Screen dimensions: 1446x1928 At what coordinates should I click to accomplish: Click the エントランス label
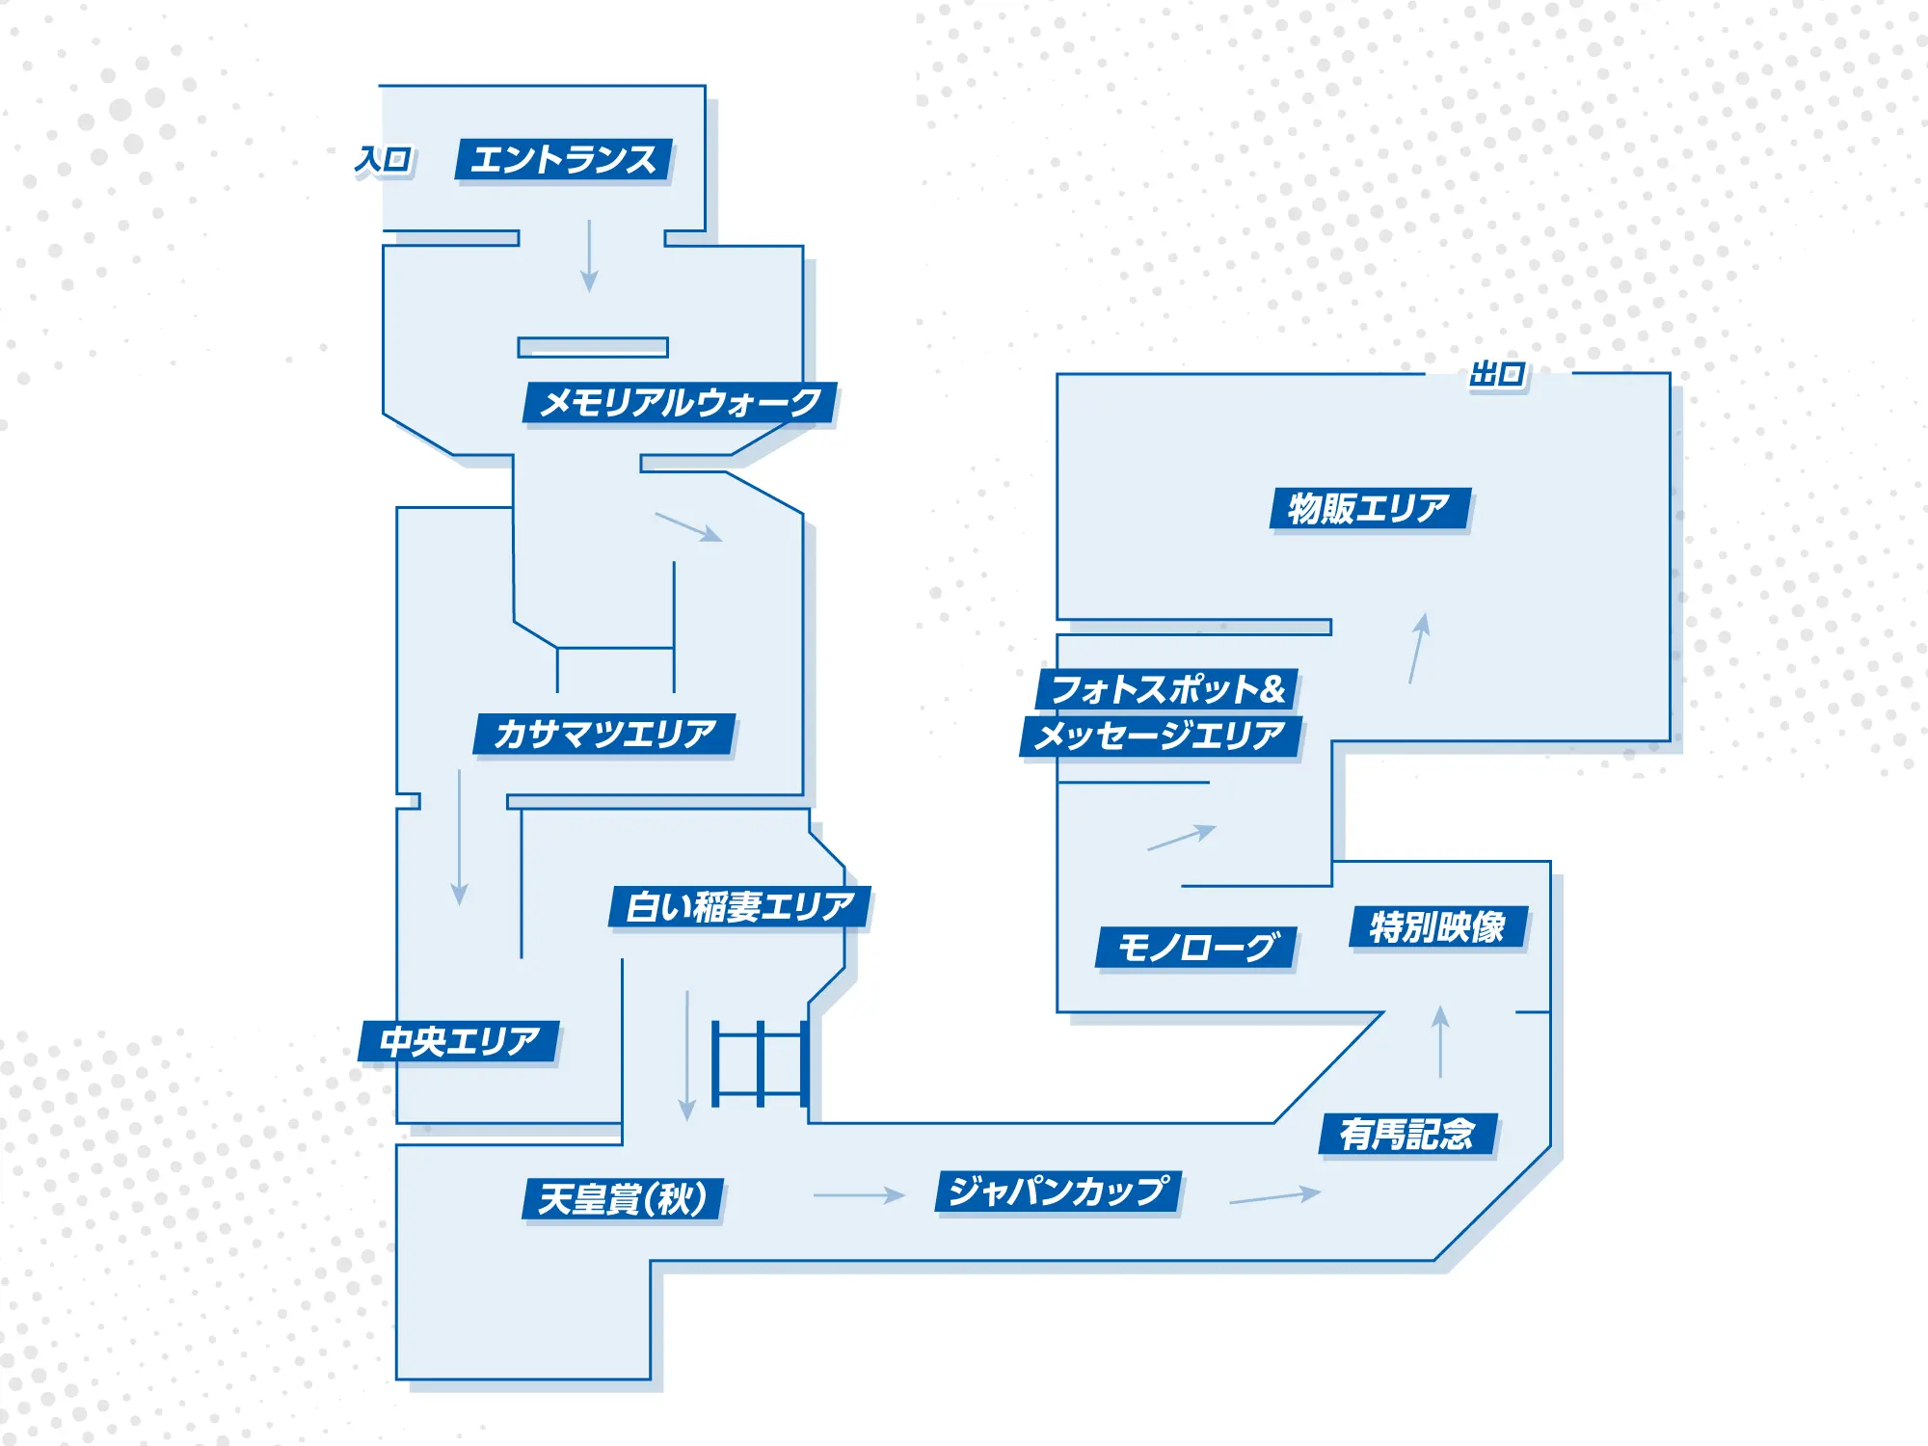564,160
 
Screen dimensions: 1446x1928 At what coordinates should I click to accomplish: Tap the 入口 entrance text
384,159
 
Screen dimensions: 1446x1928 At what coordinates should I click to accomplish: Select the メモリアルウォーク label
680,403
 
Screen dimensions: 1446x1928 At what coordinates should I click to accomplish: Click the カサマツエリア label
604,735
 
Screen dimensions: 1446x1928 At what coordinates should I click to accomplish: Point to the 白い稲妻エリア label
739,907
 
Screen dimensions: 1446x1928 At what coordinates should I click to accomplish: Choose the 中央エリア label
459,1041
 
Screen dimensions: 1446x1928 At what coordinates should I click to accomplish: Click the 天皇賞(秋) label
623,1199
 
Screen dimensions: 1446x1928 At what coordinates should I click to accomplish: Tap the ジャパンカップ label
1058,1192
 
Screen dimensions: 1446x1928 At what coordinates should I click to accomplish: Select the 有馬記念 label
1407,1134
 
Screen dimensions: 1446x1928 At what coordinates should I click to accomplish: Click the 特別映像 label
1438,927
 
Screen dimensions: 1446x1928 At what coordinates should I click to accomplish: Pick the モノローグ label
1197,948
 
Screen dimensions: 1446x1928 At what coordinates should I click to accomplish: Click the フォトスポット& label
1167,689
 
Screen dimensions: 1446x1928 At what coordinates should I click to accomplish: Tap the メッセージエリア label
1160,736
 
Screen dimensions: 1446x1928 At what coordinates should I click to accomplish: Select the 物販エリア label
1370,508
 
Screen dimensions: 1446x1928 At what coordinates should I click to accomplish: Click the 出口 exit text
1497,374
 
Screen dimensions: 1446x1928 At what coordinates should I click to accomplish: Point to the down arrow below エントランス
589,255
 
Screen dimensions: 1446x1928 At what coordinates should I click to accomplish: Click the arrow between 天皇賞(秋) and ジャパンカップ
859,1195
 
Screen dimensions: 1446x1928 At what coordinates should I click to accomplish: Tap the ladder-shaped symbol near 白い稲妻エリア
760,1063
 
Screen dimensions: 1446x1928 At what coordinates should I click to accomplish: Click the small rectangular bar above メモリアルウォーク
593,347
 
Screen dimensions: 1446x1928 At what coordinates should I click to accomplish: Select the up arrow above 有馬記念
1440,1041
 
